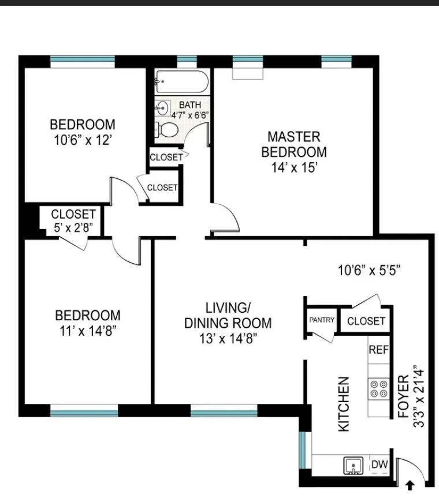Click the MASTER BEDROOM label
(293, 144)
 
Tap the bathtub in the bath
(181, 83)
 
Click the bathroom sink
(163, 107)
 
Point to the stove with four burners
(379, 388)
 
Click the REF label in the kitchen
(379, 350)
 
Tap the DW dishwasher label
(379, 464)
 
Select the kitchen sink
(353, 465)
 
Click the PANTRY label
(322, 320)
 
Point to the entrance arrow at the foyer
(411, 485)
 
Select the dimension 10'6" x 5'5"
(369, 269)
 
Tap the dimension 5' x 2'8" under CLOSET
(73, 226)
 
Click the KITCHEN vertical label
(344, 404)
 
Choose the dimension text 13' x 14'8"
(228, 338)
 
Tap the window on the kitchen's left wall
(302, 448)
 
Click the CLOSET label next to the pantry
(366, 321)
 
